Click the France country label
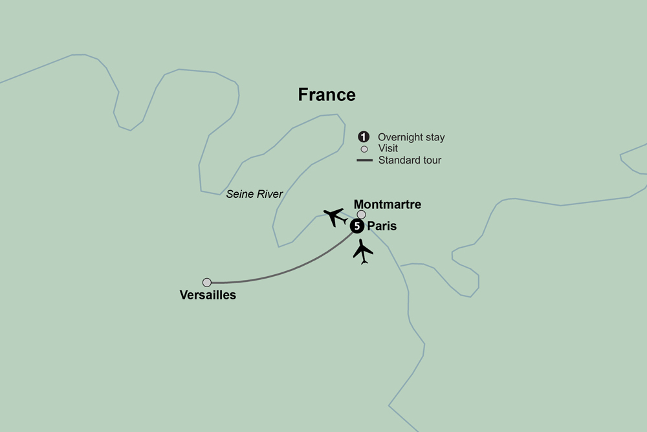327,94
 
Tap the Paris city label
382,226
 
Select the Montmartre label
388,204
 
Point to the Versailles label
208,296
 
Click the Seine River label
254,193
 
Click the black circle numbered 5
356,226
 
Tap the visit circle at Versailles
207,283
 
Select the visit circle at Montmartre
362,215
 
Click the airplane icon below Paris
363,252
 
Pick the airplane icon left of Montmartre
335,216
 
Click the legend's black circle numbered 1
364,137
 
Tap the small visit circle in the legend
364,149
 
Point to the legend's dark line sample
365,160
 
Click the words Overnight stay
411,137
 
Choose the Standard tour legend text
410,160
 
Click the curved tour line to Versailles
291,272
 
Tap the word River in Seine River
270,193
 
